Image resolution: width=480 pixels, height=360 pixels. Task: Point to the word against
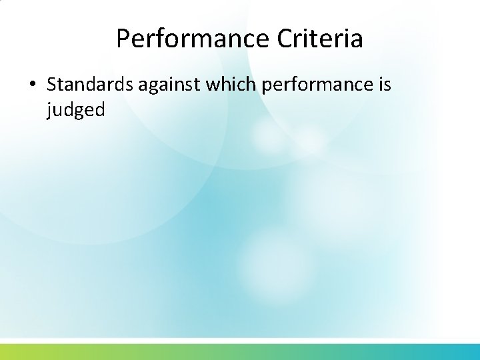(162, 85)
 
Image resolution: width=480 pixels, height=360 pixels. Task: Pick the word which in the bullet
(225, 85)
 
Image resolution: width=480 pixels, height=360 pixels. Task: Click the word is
(384, 85)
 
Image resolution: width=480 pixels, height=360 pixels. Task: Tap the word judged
(75, 109)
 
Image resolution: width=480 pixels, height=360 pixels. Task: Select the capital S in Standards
(52, 85)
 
